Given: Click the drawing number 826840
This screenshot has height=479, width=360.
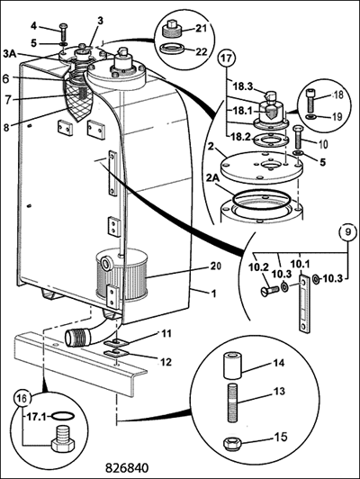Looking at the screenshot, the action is point(127,467).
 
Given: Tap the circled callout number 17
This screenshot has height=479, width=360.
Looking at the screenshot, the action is point(226,59).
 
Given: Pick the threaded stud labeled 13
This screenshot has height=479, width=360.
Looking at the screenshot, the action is point(233,403).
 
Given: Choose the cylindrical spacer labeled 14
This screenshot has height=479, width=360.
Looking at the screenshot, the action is point(233,366).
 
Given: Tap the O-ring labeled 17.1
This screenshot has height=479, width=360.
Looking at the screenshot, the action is point(63,416).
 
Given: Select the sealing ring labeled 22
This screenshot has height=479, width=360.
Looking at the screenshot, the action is point(172,49).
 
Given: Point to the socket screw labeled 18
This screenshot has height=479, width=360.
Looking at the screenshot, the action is point(311,101).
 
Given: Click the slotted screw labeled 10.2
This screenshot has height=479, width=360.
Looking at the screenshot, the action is point(268,291).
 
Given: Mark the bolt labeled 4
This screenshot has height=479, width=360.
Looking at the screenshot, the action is point(63,32).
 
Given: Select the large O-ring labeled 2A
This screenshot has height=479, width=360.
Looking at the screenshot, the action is point(260,201).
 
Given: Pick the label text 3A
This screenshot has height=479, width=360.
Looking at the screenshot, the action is point(10,53).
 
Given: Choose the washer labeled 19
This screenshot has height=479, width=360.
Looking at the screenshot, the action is point(311,118).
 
